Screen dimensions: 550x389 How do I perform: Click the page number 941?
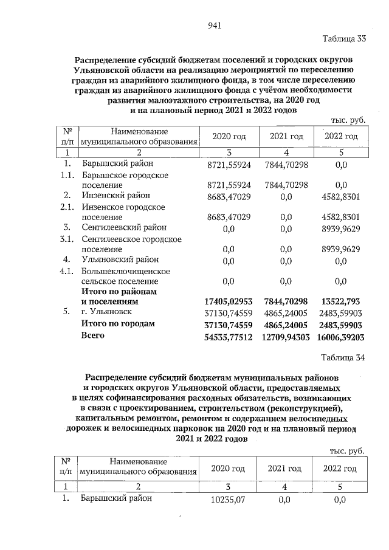[x=213, y=26]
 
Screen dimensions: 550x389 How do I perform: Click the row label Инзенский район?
[x=115, y=195]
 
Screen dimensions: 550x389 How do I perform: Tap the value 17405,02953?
[x=229, y=301]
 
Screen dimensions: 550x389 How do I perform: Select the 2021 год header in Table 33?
[x=286, y=137]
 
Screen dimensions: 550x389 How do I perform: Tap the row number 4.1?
[x=69, y=271]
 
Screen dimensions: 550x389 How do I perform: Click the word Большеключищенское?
[x=126, y=271]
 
